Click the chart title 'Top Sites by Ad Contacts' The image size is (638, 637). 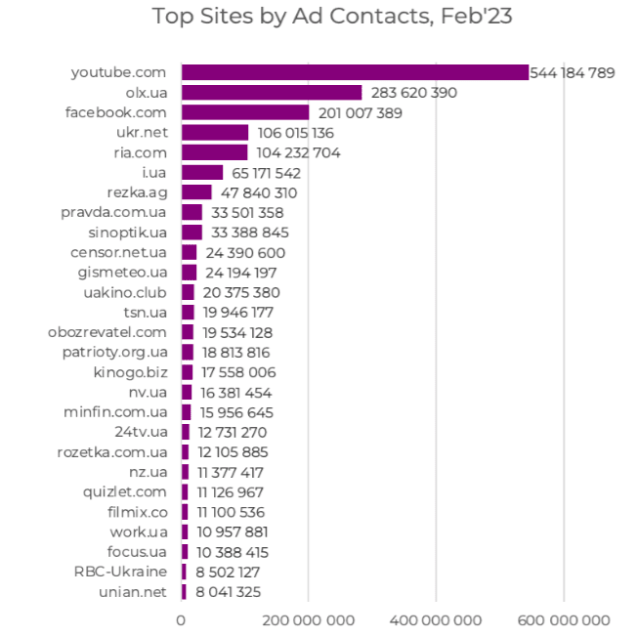(x=332, y=17)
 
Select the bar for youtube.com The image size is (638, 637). (x=355, y=72)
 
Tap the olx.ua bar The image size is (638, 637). (x=272, y=93)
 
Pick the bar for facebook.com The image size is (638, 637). (x=245, y=112)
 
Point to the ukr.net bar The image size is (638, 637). (x=215, y=133)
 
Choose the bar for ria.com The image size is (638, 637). (x=214, y=152)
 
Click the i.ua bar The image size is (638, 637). (x=202, y=173)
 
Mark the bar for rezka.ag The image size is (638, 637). (x=196, y=192)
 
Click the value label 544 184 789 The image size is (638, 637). (x=573, y=72)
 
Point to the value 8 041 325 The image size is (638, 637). (x=229, y=591)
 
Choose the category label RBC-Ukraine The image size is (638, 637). (x=120, y=572)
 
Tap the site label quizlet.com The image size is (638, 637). (x=125, y=491)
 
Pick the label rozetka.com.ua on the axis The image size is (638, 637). (x=112, y=451)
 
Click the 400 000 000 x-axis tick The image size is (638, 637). (x=436, y=620)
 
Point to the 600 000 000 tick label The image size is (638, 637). (x=564, y=620)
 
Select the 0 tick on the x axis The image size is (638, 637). (x=181, y=620)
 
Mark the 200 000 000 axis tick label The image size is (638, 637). (x=308, y=620)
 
